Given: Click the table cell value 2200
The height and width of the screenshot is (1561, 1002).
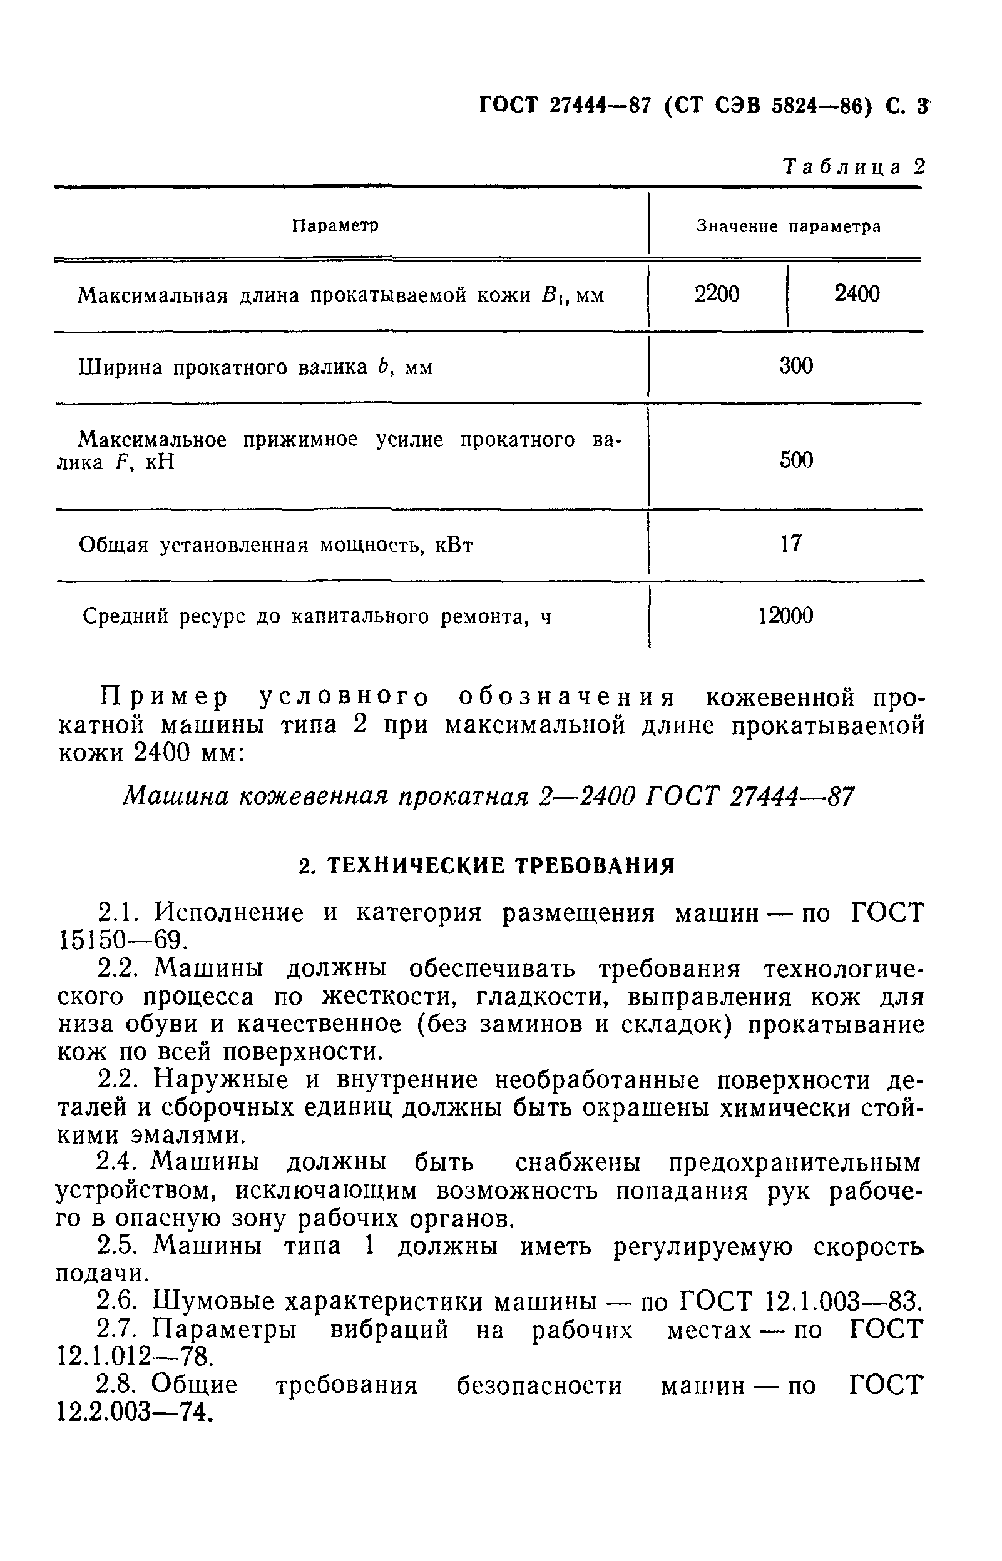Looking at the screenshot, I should (717, 295).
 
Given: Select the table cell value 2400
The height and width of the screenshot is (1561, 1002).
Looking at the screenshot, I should (856, 294).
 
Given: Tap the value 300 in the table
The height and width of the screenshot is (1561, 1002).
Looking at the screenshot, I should (795, 366).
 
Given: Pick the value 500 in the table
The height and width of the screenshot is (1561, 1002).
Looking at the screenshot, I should (795, 460).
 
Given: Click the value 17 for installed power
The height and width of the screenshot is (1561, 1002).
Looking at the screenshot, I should (790, 543).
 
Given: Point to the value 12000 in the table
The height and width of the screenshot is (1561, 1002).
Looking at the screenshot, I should (785, 615).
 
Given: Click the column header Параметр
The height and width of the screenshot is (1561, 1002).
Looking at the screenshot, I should (335, 226).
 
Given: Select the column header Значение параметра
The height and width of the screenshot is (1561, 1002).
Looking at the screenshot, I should (789, 226).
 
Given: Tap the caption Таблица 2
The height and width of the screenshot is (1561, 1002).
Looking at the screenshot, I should (853, 167).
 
